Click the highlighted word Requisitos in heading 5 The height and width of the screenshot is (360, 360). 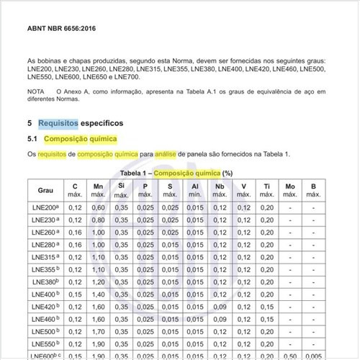pos(58,123)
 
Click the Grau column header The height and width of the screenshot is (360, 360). pos(45,190)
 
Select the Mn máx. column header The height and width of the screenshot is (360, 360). pos(99,190)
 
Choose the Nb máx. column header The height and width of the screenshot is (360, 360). pos(219,190)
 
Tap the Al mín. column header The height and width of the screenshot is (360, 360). pos(195,190)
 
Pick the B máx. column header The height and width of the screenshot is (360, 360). pos(313,190)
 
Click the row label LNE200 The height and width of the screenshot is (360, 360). pos(45,207)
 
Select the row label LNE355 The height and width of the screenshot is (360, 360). pos(45,269)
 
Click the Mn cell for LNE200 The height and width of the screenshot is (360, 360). pos(99,207)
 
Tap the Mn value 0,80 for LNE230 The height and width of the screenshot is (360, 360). pos(99,220)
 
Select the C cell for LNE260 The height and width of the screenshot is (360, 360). pos(75,233)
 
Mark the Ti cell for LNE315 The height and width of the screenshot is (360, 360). pos(267,257)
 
